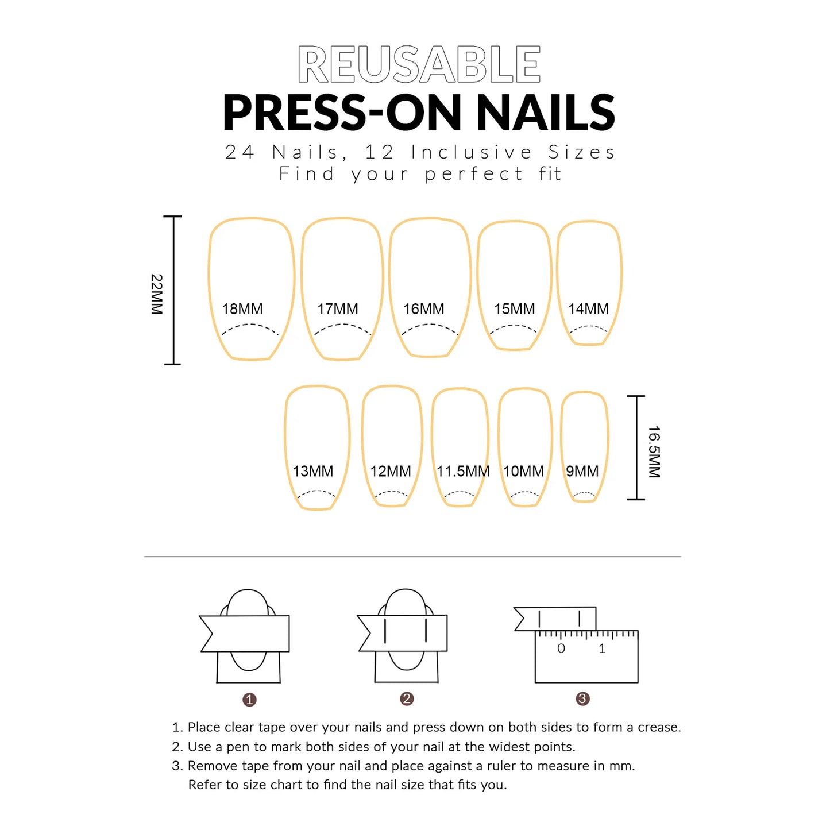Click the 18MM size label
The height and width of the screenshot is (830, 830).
coord(242,309)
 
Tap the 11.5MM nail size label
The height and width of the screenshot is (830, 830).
coord(463,471)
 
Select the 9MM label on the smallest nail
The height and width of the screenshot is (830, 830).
coord(582,471)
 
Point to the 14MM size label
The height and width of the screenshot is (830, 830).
coord(588,309)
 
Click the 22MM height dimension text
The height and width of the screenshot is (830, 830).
coord(157,294)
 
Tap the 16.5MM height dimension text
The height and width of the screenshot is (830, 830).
coord(654,452)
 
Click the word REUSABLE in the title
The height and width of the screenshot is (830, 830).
coord(419,64)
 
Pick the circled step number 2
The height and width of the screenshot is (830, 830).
coord(407,698)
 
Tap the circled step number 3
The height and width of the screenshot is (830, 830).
coord(582,698)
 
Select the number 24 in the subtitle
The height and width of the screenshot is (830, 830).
coord(240,152)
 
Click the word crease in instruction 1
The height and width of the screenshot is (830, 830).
coord(659,728)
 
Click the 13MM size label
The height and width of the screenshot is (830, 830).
coord(312,471)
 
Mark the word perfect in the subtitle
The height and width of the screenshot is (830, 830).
coord(474,175)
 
